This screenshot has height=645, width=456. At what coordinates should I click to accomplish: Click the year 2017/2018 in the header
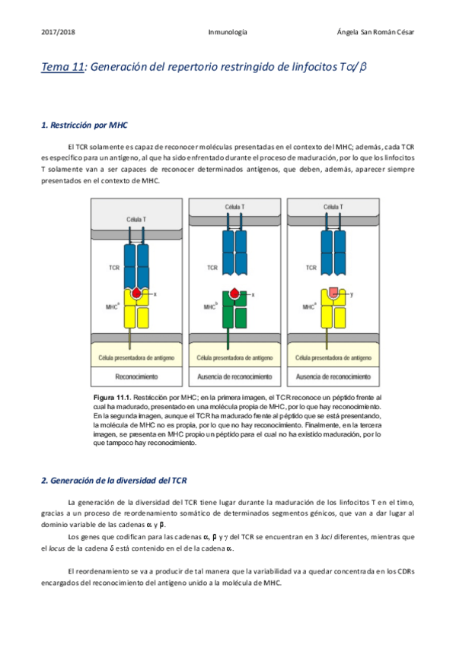[x=56, y=33]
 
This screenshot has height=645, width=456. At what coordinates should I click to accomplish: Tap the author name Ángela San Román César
[x=380, y=33]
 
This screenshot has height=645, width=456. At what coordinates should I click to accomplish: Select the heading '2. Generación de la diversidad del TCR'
[x=113, y=481]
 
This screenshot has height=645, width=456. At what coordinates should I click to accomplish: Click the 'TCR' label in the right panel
[x=311, y=268]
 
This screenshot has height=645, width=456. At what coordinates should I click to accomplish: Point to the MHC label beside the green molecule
[x=211, y=307]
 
